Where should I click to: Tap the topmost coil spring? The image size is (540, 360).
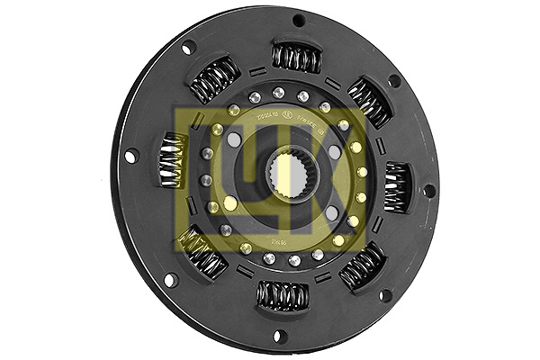tap(296, 58)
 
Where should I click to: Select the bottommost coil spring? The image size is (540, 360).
tap(282, 294)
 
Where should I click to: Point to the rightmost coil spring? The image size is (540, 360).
tap(397, 186)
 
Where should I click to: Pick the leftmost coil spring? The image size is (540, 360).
tap(174, 160)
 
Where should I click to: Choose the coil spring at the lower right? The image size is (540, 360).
tap(364, 265)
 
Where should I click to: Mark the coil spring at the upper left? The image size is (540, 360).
tap(215, 80)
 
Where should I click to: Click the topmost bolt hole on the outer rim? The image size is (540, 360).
tap(298, 20)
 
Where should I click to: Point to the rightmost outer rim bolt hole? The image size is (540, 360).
tap(429, 191)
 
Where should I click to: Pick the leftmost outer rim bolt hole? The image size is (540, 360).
tap(131, 157)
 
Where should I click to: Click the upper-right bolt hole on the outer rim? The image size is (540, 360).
tap(393, 81)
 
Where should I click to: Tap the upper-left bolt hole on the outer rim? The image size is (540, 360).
tap(188, 48)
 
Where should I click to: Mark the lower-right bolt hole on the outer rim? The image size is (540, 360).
tap(385, 295)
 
